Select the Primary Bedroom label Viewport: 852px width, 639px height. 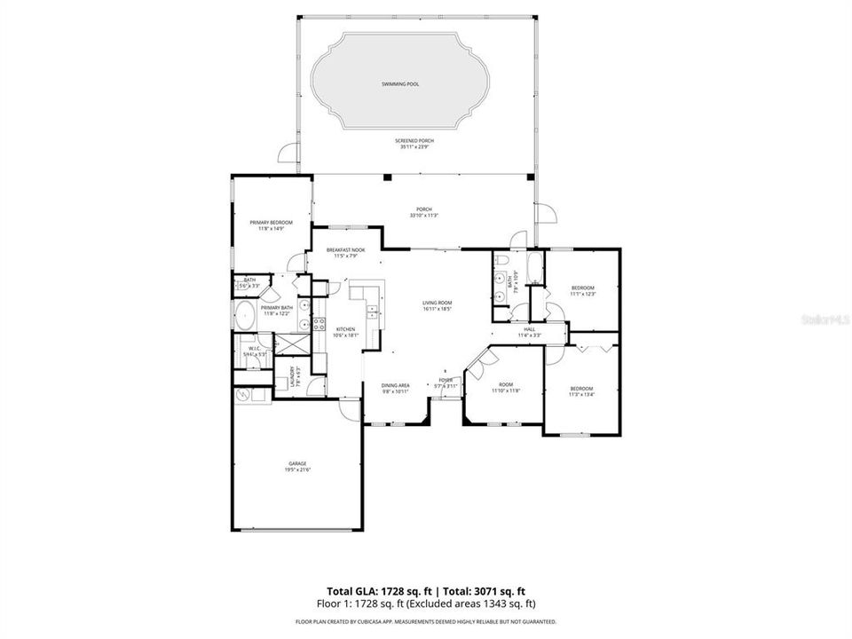(x=264, y=225)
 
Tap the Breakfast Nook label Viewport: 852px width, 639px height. (x=345, y=250)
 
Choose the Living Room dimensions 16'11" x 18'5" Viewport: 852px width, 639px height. (x=437, y=310)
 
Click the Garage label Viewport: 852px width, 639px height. (x=296, y=464)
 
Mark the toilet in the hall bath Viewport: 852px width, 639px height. (x=502, y=260)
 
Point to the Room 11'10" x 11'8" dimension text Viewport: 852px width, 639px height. (x=506, y=390)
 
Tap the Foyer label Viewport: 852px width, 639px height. (x=445, y=381)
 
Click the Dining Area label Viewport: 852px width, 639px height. (x=395, y=386)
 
